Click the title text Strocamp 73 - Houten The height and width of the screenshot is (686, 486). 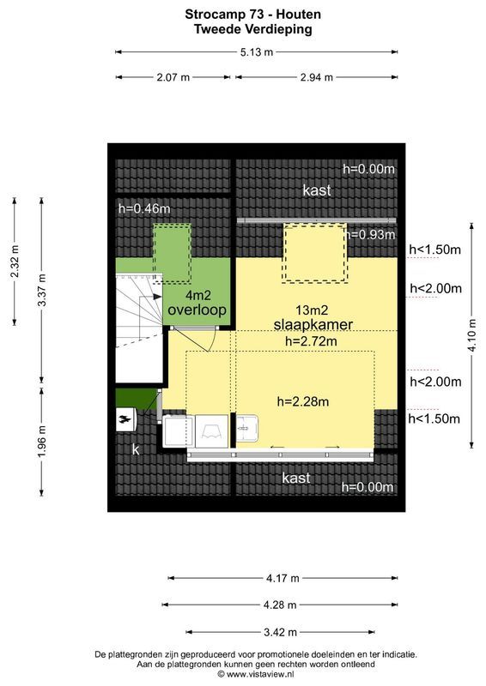pyautogui.click(x=242, y=14)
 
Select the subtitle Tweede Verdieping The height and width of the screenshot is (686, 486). pyautogui.click(x=242, y=28)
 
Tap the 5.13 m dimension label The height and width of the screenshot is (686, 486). pyautogui.click(x=256, y=52)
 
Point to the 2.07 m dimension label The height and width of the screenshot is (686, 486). pyautogui.click(x=173, y=78)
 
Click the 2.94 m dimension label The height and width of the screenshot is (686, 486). pyautogui.click(x=316, y=78)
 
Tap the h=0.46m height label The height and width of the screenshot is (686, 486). pyautogui.click(x=144, y=208)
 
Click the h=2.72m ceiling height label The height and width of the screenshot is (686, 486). pyautogui.click(x=310, y=340)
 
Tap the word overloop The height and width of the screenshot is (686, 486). pyautogui.click(x=197, y=309)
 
